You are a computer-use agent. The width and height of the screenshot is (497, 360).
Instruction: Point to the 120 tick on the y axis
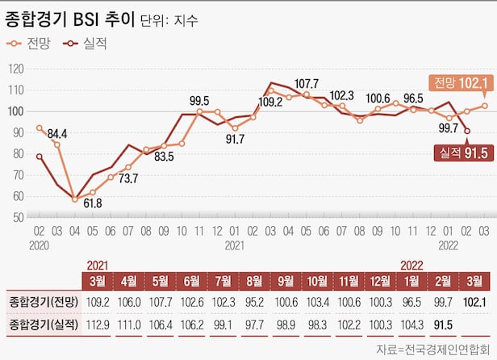(x=16, y=69)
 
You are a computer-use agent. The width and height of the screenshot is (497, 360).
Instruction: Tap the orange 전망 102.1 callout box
(x=460, y=83)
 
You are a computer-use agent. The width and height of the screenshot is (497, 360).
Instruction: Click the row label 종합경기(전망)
(x=42, y=302)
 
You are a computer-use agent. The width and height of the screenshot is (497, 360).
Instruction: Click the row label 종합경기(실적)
(x=42, y=324)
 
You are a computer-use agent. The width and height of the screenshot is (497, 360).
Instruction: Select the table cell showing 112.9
(x=97, y=324)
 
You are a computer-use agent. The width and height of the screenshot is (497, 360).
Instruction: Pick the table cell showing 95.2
(x=254, y=302)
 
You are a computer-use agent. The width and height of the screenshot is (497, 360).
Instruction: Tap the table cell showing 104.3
(x=411, y=324)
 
